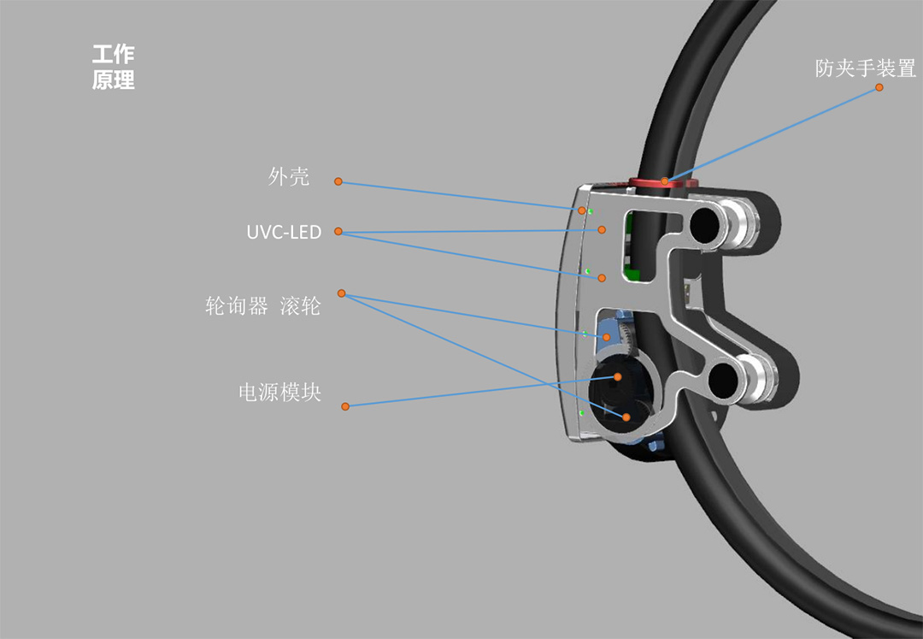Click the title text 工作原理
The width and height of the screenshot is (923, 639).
coord(113,68)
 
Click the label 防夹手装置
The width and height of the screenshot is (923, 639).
coord(865,68)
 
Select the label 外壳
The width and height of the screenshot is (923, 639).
coord(289,177)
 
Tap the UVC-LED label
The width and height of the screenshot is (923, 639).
coord(284,232)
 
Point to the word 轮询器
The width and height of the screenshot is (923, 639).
coord(237,305)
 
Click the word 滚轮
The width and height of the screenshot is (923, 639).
coord(300,305)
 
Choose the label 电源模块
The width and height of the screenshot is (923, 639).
coord(280,393)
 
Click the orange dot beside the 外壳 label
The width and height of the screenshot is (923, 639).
coord(338,181)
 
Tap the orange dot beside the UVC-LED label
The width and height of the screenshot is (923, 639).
coord(338,232)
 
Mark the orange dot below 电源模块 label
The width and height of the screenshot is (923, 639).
coord(345,406)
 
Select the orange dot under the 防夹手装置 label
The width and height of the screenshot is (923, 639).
coord(879,86)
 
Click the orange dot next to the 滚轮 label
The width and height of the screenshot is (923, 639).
coord(341,293)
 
